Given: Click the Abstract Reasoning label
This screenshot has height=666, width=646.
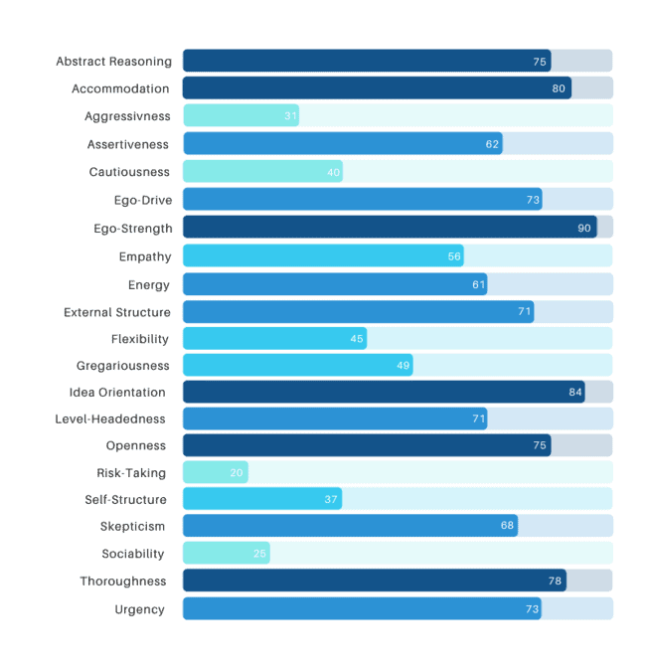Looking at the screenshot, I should (x=113, y=62).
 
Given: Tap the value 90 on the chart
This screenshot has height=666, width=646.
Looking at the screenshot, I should (x=584, y=229).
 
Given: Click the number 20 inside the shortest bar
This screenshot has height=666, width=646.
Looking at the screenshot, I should (x=237, y=473).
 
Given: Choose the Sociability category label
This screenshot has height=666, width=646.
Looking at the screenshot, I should (x=133, y=554).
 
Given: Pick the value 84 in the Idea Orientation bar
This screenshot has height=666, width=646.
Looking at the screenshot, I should (x=575, y=392).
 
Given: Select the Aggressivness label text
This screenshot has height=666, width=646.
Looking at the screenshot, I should (x=127, y=116).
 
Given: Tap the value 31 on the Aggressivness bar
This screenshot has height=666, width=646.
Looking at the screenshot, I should (x=290, y=116).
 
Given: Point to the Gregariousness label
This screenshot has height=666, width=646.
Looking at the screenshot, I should (x=123, y=366).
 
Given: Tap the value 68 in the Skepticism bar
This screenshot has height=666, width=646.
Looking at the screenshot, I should (x=508, y=526).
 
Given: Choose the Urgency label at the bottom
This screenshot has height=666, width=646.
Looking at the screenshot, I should (x=140, y=609).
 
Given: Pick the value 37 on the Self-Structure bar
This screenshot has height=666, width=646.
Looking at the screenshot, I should (x=332, y=499).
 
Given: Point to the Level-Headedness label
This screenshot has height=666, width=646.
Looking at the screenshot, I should (x=110, y=418).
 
